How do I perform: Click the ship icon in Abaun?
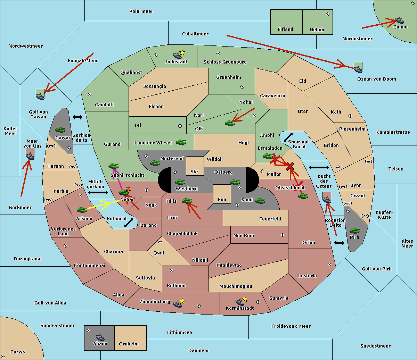100,337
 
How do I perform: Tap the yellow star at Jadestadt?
182,53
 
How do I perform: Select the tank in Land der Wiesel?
181,142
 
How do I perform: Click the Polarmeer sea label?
141,11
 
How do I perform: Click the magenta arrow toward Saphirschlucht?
118,179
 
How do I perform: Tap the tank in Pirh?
354,231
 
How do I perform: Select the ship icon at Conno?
399,20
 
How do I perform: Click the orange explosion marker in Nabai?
128,190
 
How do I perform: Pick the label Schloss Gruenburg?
225,62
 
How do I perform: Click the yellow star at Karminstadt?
245,299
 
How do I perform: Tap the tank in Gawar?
60,129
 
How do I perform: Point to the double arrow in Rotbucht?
129,223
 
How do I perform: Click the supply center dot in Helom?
328,14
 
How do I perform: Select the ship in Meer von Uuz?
30,156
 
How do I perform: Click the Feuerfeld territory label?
270,219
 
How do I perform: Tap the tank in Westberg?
180,182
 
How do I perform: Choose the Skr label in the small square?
195,171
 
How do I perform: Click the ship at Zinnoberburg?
178,304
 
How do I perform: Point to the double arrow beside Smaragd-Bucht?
288,137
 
